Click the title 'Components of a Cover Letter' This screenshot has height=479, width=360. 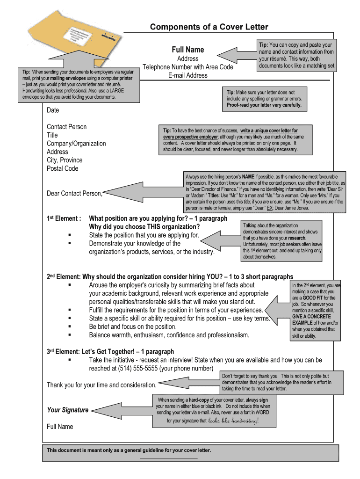tap(209, 27)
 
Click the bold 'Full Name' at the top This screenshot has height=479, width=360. tap(187, 50)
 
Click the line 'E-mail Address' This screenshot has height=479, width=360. tap(187, 75)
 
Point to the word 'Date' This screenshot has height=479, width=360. tap(53, 110)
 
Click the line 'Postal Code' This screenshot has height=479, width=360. tap(63, 168)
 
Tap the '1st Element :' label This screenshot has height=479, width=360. tap(65, 218)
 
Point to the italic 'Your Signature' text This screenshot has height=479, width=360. tap(67, 410)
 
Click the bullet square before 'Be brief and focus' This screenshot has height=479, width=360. tap(70, 327)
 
